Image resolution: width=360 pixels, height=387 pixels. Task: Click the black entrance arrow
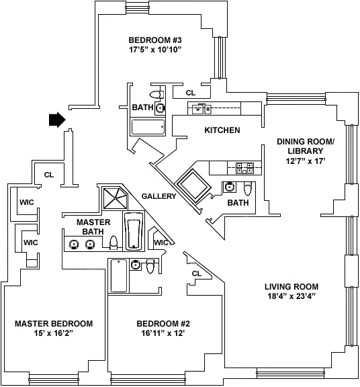56,120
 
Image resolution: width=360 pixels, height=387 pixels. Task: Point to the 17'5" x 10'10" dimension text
155,50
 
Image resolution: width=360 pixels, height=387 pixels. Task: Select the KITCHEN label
222,130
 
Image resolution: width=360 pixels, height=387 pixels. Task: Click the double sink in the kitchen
200,108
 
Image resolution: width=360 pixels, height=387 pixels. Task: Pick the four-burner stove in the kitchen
244,167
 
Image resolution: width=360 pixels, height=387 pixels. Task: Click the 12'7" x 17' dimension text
305,161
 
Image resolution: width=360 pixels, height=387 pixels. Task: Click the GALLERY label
159,196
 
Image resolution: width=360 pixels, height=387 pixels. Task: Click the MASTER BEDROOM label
54,324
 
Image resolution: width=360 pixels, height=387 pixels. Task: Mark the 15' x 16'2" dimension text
54,334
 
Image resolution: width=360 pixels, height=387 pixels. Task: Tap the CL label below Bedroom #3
190,93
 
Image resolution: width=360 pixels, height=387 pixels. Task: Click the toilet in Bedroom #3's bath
156,95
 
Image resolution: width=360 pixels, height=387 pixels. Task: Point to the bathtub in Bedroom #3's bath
148,127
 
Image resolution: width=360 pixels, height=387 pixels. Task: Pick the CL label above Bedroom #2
196,273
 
